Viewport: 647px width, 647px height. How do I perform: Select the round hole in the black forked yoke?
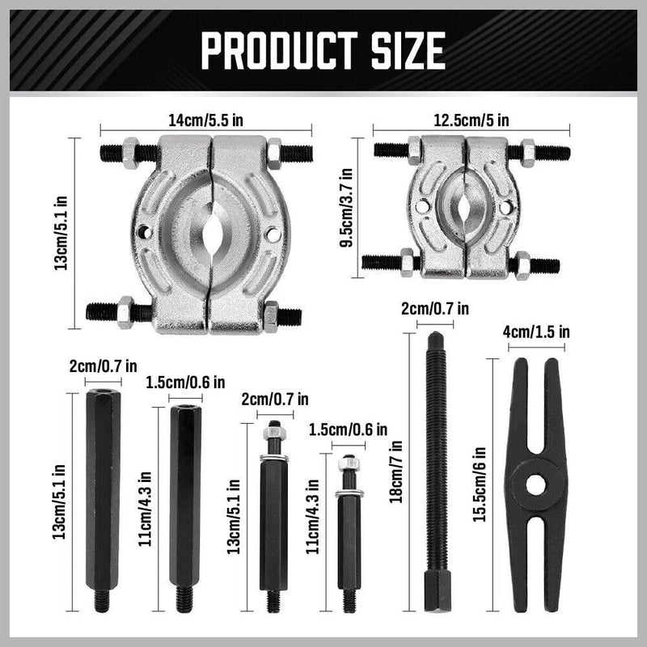pyautogui.click(x=534, y=484)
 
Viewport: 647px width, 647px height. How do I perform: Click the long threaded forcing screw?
pyautogui.click(x=435, y=453)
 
